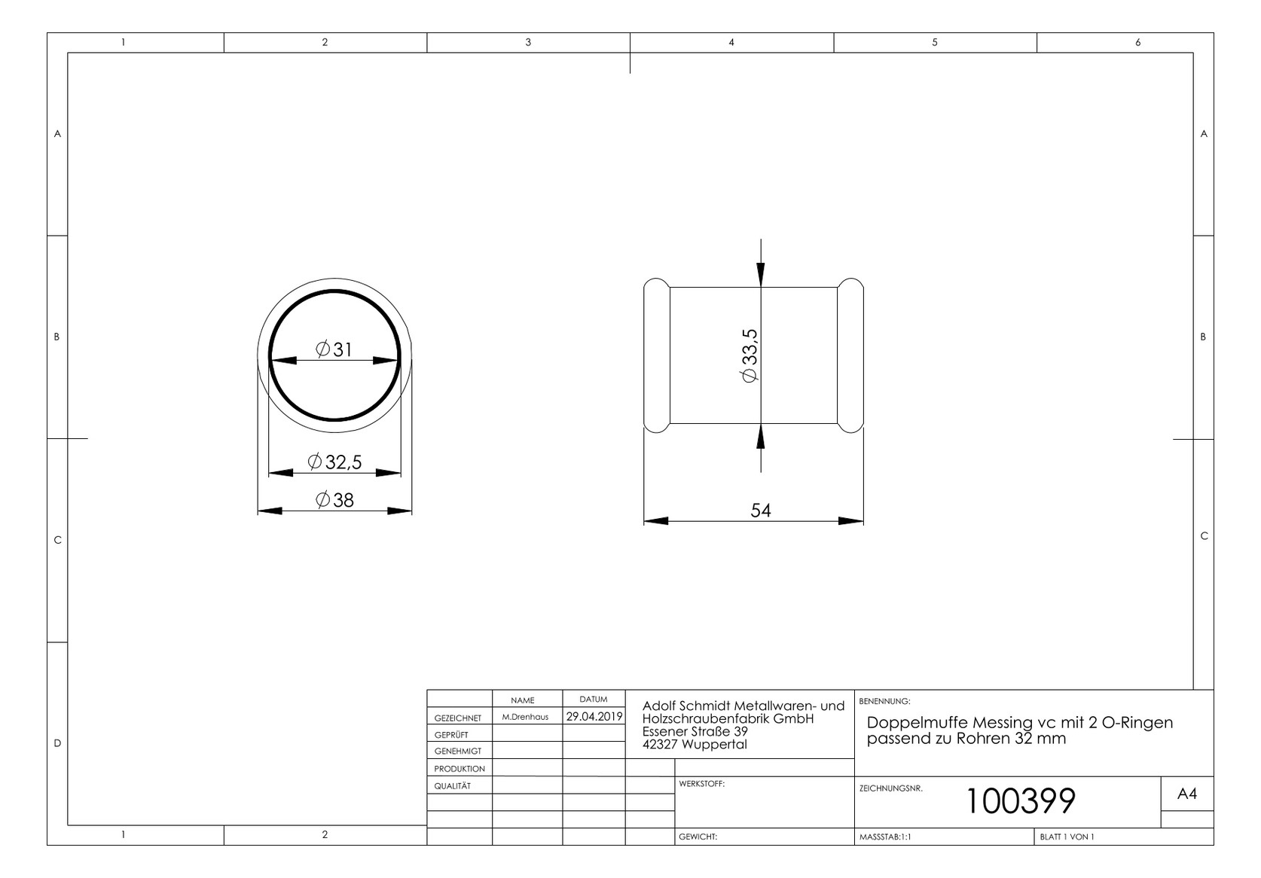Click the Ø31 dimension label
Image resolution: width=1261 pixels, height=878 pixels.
[x=334, y=349]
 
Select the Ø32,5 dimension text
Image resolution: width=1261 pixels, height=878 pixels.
[x=335, y=462]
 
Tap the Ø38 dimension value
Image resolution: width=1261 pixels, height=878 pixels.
[x=334, y=500]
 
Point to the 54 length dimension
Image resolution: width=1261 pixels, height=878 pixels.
[x=761, y=511]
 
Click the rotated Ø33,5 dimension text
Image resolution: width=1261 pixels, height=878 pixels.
[x=750, y=356]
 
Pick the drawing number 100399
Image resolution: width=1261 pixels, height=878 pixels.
[x=1020, y=801]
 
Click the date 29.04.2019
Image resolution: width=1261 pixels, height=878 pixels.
[x=594, y=717]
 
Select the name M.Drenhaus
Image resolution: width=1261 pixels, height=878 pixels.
[x=525, y=718]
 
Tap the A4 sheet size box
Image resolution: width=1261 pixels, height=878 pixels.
[x=1186, y=794]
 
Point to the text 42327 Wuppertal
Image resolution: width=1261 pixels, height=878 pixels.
[x=695, y=745]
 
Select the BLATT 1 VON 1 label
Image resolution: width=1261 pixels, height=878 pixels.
[x=1067, y=837]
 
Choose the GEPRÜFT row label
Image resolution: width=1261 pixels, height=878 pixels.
[x=451, y=735]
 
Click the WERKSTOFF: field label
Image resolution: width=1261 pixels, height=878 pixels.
[x=701, y=784]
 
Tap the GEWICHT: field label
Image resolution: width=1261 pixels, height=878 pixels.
[x=698, y=837]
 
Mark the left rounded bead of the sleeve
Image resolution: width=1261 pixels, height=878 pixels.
[x=656, y=356]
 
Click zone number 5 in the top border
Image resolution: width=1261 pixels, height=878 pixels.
[x=935, y=42]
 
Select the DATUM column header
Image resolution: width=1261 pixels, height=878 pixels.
[x=594, y=700]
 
